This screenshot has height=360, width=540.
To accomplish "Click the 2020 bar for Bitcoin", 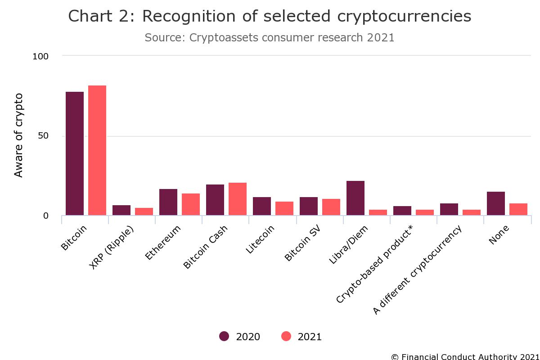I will (75, 153).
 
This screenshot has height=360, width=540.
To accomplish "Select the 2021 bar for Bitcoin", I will (97, 150).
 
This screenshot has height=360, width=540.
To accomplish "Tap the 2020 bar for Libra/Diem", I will (355, 198).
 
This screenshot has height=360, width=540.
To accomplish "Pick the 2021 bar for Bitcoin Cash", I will (238, 199).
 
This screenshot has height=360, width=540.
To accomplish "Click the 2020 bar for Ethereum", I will (168, 202).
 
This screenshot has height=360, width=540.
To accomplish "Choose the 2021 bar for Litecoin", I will (284, 208).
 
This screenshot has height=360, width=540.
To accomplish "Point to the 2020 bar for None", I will (496, 203).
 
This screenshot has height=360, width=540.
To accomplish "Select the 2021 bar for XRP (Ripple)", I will (144, 211).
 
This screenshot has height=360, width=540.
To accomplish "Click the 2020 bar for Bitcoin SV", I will (309, 206).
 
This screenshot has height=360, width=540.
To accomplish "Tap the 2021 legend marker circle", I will (286, 336).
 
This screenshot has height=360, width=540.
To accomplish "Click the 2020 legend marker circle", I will (224, 336).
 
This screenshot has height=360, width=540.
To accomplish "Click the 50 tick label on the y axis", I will (43, 136).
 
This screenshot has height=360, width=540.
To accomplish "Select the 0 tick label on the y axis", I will (45, 216).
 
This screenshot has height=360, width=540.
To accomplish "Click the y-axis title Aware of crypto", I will (18, 135).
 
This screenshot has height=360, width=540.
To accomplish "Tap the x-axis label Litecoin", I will (261, 239).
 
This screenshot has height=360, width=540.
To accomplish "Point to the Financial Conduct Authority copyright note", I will (465, 356).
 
